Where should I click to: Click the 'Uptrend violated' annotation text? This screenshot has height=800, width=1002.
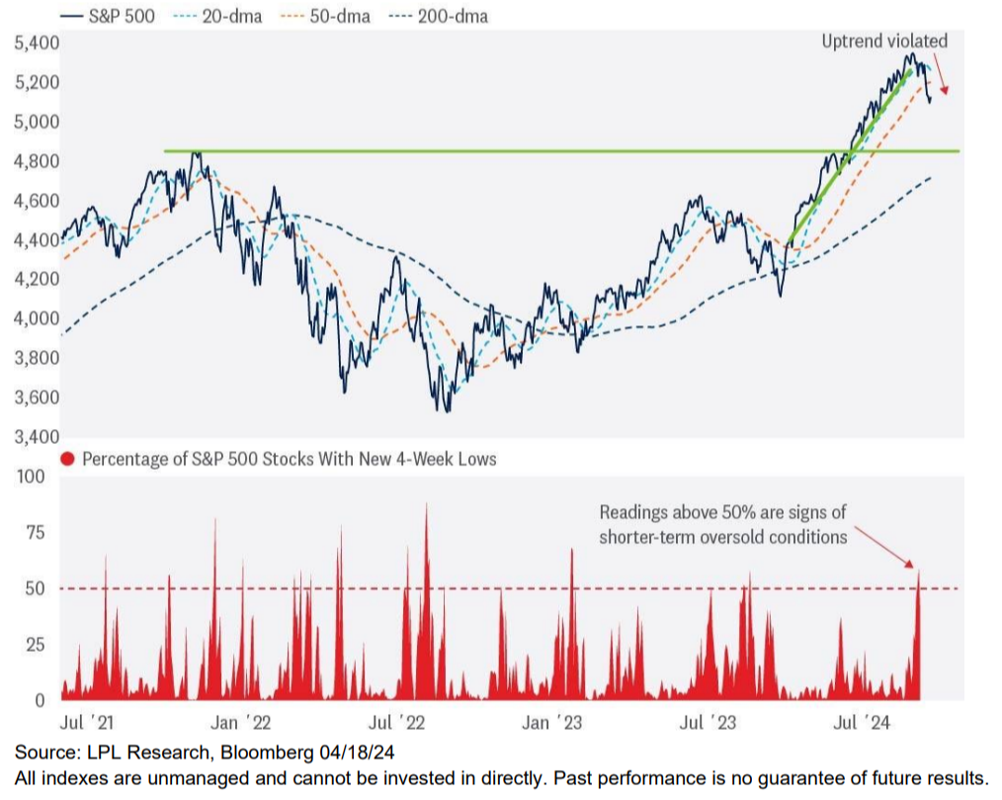884,41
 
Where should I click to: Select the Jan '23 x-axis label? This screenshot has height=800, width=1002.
548,723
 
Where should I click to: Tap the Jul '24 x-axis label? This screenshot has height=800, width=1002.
863,723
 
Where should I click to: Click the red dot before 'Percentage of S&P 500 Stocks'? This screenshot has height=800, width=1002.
67,459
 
